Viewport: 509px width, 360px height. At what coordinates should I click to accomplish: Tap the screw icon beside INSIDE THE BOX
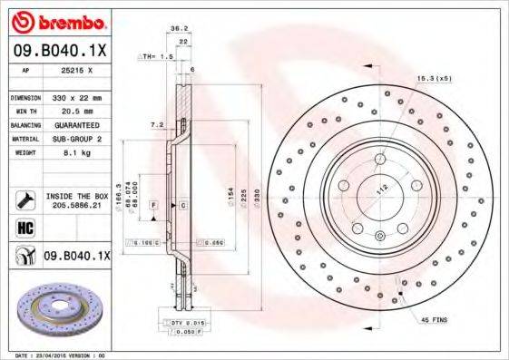(23, 199)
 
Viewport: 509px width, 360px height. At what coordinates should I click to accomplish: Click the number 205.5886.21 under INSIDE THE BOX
(75, 207)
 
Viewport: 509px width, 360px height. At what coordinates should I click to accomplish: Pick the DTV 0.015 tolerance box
(187, 323)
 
